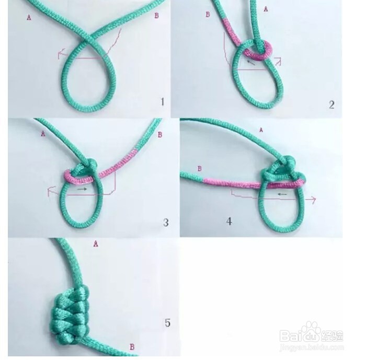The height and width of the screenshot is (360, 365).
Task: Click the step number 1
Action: [x=162, y=102]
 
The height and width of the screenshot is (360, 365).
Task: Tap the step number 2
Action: [x=332, y=104]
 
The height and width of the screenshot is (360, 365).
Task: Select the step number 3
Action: [x=166, y=223]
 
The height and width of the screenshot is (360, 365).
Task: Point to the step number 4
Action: [x=229, y=221]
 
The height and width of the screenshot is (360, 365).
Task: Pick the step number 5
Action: [x=167, y=323]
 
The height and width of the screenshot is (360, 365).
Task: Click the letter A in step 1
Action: [x=29, y=17]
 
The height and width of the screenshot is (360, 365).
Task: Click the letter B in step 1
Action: [x=156, y=16]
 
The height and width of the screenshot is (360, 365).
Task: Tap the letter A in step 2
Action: [x=266, y=9]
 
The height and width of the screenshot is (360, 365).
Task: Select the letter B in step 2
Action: [x=208, y=15]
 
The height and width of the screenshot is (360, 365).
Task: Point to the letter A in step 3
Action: [x=43, y=133]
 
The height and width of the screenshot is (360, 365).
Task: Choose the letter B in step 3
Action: [x=159, y=135]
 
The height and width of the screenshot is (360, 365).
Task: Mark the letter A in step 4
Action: [x=261, y=129]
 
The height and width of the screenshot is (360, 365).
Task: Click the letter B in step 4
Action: [x=199, y=168]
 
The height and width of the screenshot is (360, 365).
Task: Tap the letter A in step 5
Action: [x=96, y=243]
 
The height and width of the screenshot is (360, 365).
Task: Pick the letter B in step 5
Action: [x=132, y=346]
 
